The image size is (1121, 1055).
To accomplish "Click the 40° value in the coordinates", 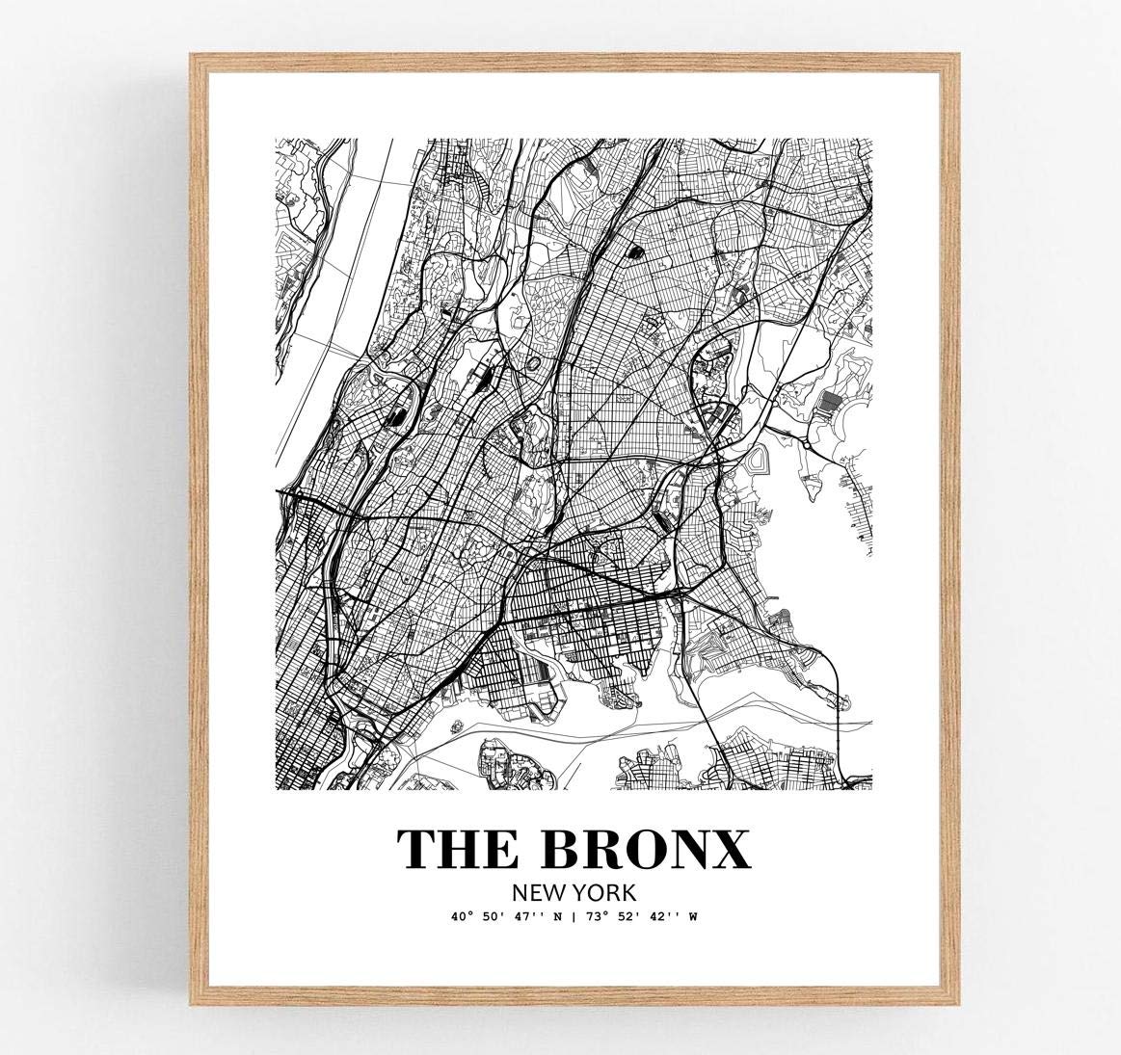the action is (461, 917).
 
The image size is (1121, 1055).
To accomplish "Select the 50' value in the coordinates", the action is (490, 917).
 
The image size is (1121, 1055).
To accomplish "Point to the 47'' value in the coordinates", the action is (521, 917).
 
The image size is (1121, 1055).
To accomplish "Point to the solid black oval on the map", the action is (635, 253).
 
